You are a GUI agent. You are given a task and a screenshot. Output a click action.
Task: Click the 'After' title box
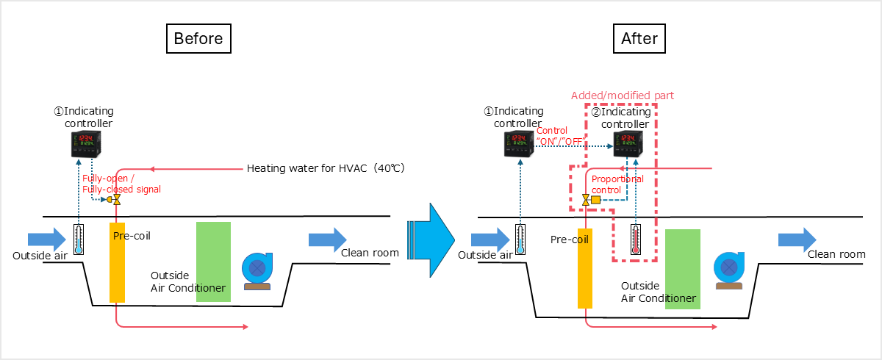639,38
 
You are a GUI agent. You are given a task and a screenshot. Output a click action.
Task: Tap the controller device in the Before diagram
85,144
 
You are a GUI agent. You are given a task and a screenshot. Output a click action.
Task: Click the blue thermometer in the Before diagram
79,239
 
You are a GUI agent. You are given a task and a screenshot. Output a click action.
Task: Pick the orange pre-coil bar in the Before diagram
118,261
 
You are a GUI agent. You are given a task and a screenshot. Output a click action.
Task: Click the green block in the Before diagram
213,261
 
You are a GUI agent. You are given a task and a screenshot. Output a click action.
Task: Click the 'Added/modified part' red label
622,96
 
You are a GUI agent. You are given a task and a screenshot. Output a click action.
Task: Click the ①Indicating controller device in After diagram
518,144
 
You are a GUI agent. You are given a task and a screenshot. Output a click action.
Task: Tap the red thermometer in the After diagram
635,240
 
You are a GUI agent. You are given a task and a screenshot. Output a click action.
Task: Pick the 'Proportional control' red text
617,184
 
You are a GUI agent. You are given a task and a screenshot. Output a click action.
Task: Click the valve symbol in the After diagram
587,200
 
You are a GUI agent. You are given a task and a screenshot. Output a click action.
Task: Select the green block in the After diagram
682,268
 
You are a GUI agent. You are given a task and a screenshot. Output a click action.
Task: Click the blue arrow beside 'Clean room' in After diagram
797,240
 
